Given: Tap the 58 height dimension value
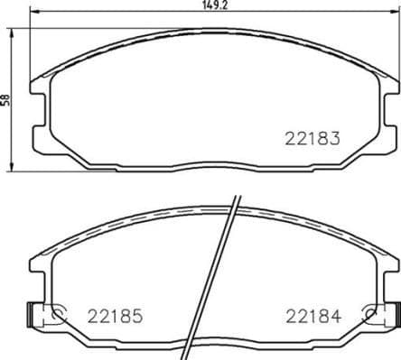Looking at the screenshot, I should pos(5,102).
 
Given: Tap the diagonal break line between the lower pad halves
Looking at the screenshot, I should pos(229,280).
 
